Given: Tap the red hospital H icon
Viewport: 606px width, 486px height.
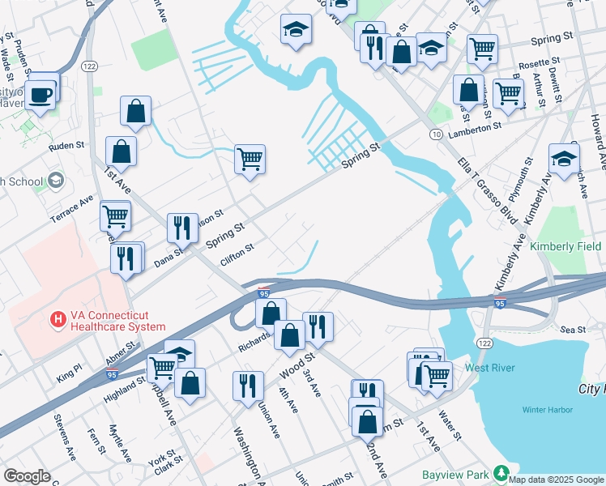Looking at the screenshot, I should pos(58,320).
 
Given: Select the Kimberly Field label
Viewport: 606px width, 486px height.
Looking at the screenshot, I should pos(565,246).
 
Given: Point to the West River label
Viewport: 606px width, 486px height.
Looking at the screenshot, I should pos(489,368).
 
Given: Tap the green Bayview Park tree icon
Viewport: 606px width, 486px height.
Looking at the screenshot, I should pos(501,473).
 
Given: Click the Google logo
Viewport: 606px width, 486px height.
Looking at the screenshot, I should pos(27,476).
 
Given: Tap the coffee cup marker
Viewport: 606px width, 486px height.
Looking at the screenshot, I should pos(40,94).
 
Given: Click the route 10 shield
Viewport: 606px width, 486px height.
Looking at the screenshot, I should pos(436,133).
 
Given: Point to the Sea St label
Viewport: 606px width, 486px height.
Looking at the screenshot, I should pos(573,330).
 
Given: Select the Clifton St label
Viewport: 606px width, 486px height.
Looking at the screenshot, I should pos(237,257).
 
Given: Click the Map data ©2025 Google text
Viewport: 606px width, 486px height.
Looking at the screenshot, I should pos(556,479).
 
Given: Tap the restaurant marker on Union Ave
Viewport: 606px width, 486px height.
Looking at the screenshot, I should pos(247,386).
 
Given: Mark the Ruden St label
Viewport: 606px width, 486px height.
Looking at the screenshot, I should pos(66,146).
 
